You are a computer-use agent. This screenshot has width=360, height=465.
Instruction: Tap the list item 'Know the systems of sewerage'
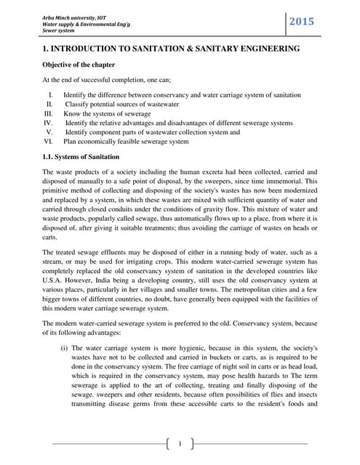pos(107,114)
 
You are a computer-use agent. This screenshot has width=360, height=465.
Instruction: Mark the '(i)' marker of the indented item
pos(65,348)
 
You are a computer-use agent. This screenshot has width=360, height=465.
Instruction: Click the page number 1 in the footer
pos(180,442)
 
